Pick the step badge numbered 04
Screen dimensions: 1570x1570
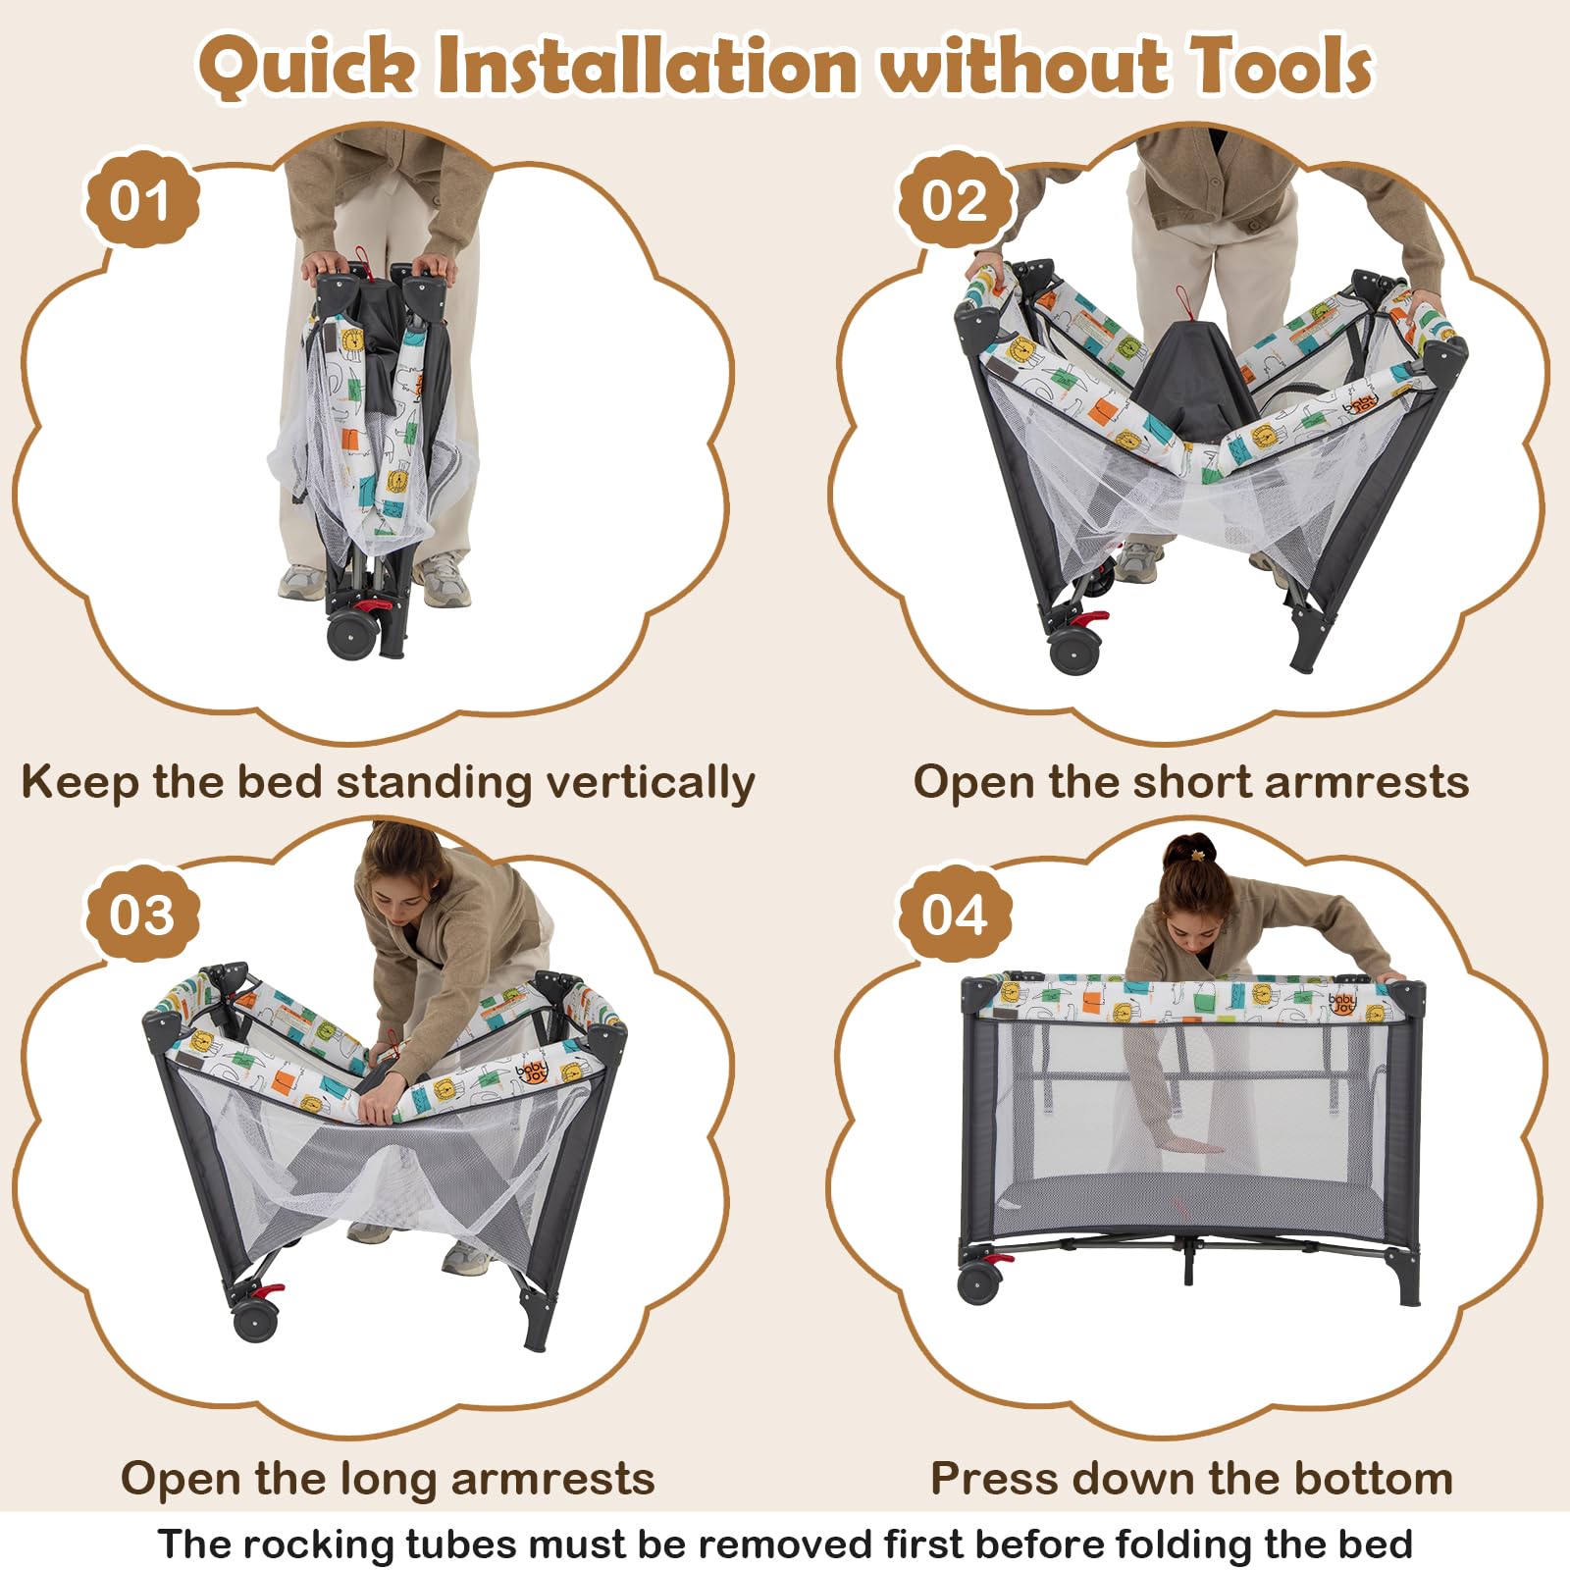tap(954, 916)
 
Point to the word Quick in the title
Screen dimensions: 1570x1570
tap(306, 69)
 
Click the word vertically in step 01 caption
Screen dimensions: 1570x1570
tap(651, 783)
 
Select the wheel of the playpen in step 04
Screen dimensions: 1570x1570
tap(979, 1282)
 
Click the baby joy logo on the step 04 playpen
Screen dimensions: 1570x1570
tap(1341, 1003)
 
